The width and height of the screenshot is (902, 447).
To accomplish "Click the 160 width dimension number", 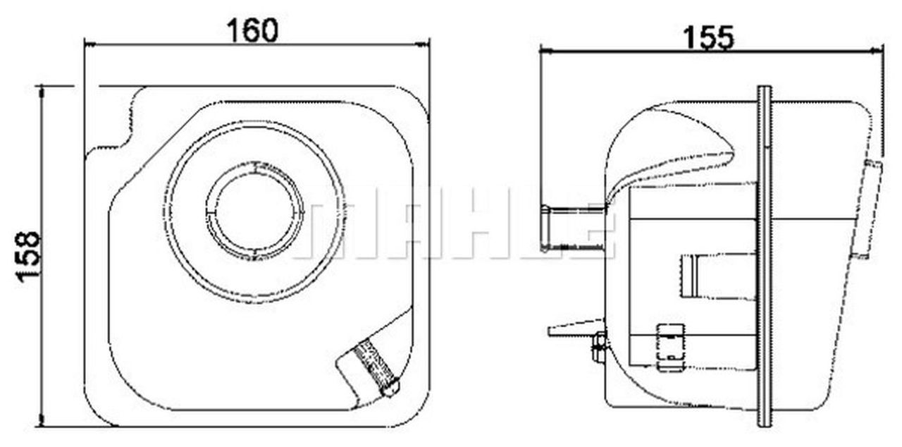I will [x=252, y=30].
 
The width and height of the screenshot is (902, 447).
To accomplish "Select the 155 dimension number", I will [x=709, y=38].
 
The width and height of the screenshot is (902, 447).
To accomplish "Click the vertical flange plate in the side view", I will [x=764, y=257].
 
